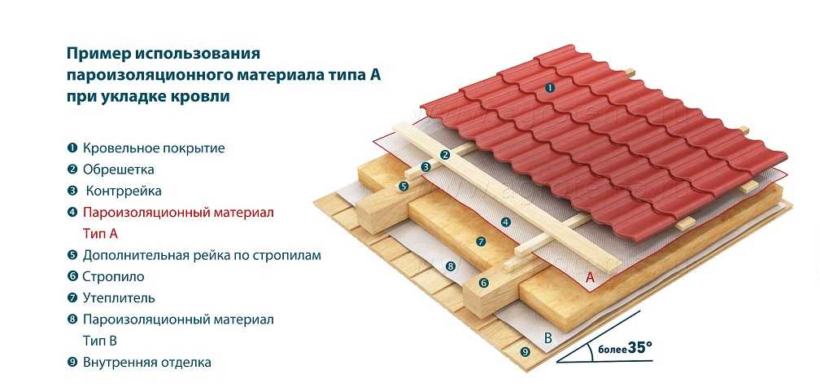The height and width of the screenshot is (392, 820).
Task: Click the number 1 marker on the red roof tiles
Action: pos(550,87)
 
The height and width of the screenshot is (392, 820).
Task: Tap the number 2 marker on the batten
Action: pos(445,154)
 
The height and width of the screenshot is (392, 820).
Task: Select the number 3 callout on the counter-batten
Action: pos(425,167)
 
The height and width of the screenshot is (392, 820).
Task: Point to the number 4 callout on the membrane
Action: pos(505,222)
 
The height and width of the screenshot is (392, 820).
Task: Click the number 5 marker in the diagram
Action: pos(403,187)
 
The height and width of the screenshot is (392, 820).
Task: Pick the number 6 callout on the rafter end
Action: pos(483,283)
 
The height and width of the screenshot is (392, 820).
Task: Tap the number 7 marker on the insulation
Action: pos(481,241)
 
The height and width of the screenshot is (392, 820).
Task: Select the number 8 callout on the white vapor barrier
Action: pos(450,266)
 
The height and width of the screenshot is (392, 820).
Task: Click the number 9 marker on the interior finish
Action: pos(525,351)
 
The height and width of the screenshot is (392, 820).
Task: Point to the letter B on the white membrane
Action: pos(547,337)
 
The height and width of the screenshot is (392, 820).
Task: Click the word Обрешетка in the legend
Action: pos(118,170)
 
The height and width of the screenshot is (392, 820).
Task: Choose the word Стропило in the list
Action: pos(114,277)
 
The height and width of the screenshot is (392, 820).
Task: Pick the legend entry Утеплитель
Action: pos(119,298)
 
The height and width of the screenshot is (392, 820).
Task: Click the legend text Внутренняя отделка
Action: pos(146,362)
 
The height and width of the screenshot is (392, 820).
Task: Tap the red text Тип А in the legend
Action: pos(100,234)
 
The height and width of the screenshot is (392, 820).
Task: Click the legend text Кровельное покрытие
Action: pos(153,148)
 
